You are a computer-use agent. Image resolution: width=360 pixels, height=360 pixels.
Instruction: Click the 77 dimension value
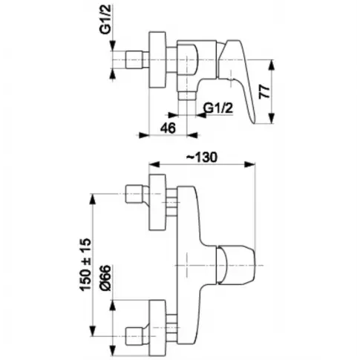(x=265, y=91)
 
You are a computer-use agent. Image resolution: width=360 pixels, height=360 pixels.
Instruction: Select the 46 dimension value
(x=168, y=128)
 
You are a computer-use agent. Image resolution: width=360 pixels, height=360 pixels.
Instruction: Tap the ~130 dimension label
(x=202, y=157)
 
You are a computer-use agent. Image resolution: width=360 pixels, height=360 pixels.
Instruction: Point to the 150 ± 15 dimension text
(x=85, y=264)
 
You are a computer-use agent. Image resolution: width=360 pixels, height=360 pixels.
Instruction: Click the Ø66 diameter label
(x=105, y=278)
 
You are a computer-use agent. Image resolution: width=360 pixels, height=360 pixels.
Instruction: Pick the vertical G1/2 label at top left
(x=105, y=20)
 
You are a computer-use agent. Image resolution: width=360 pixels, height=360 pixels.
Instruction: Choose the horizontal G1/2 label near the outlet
(x=218, y=108)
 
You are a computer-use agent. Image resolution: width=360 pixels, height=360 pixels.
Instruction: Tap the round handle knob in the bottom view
(x=235, y=266)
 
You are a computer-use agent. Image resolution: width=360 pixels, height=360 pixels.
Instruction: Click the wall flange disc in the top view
(x=157, y=59)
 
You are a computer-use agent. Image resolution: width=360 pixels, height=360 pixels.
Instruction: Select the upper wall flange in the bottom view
(x=157, y=202)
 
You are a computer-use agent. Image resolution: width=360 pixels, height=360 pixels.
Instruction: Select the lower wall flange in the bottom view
(x=157, y=329)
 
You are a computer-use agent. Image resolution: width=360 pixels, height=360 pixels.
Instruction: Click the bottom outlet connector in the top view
(x=187, y=95)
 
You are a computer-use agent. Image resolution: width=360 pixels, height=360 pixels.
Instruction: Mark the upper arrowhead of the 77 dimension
(x=272, y=65)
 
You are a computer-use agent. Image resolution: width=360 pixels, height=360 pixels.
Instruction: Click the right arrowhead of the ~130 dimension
(x=249, y=164)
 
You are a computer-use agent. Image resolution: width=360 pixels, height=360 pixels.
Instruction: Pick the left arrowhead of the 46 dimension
(x=143, y=135)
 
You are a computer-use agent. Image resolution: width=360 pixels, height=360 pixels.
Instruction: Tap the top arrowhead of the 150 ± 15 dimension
(x=93, y=200)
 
